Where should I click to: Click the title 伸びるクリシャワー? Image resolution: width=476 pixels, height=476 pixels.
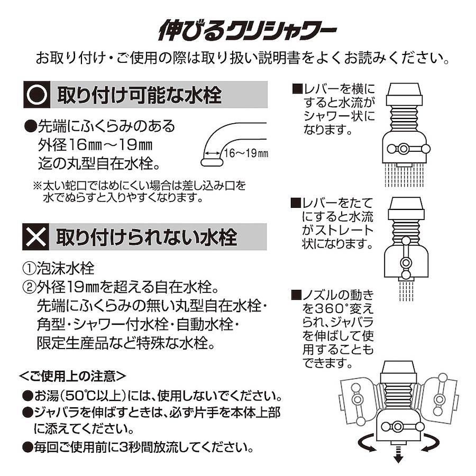(248, 30)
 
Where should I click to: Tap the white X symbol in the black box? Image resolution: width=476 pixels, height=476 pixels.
(36, 237)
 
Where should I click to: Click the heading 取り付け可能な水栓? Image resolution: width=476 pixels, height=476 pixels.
(139, 95)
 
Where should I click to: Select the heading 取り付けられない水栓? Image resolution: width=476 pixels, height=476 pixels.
(147, 237)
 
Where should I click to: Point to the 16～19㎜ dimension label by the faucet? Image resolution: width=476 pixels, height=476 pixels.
(246, 153)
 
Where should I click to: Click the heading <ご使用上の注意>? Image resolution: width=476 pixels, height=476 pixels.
(72, 377)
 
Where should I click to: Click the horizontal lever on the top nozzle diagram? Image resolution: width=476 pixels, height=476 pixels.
(409, 149)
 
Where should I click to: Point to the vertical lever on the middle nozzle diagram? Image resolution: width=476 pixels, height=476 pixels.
(406, 258)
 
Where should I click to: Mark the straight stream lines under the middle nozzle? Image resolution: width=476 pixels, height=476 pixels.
(406, 291)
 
